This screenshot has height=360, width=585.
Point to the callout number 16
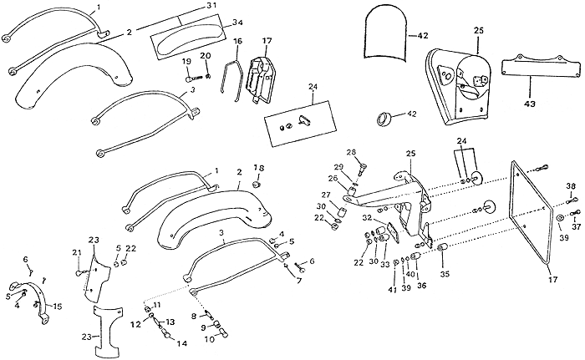pos(237,41)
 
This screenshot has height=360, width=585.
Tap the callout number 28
pos(351,151)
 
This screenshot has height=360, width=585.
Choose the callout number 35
pos(445,272)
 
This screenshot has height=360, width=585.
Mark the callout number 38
pos(571,186)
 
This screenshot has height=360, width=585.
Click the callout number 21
pos(76,251)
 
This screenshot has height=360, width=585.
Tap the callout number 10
pos(210,340)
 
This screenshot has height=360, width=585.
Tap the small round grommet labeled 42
pos(386,115)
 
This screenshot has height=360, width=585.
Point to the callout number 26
pos(332,177)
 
